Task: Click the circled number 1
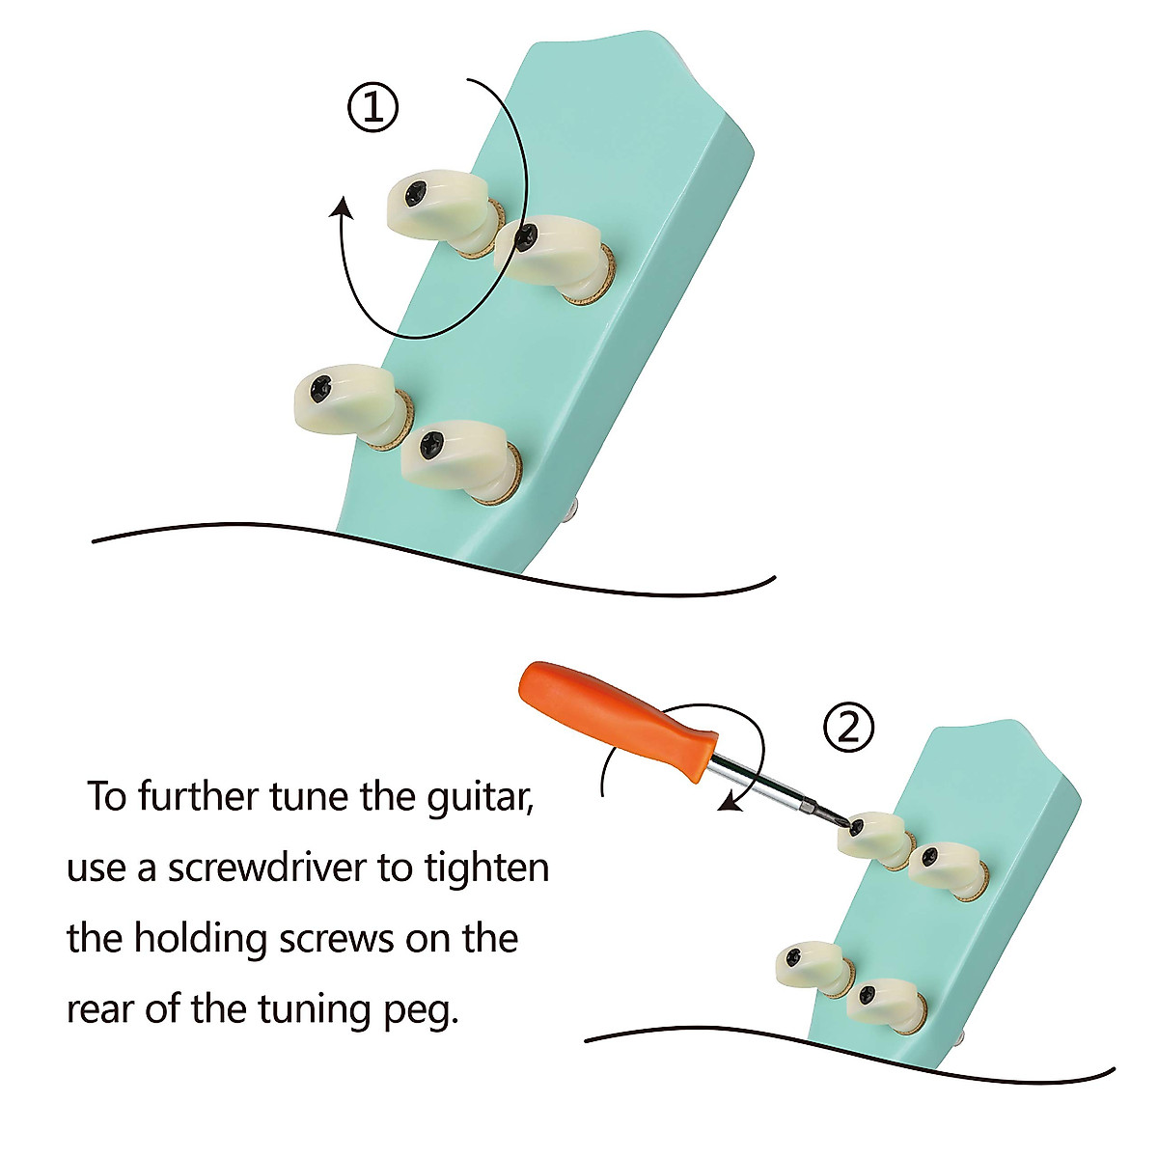(x=372, y=107)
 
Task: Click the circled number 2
(x=848, y=727)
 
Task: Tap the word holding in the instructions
(x=200, y=940)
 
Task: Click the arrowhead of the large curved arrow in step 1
(x=343, y=207)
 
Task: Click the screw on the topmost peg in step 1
(x=415, y=194)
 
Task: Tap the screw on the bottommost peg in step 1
(x=430, y=446)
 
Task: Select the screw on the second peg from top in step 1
(x=526, y=236)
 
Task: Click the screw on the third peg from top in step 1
(x=321, y=388)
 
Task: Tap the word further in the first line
(x=202, y=797)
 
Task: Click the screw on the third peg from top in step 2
(x=794, y=956)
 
